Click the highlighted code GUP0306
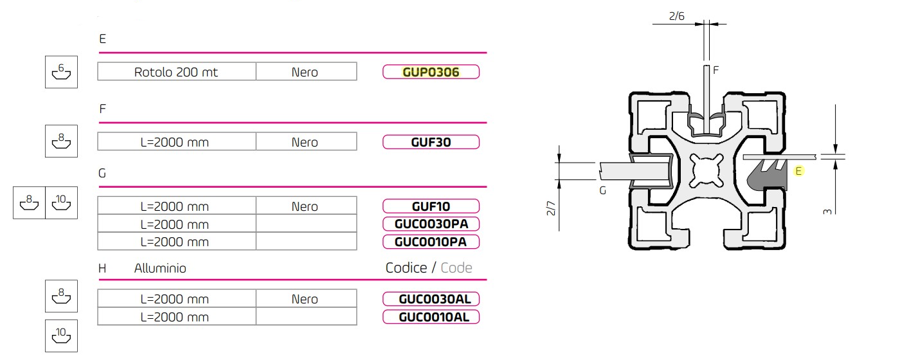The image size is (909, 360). click(x=431, y=72)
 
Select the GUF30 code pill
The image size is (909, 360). click(x=431, y=142)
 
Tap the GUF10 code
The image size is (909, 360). click(x=431, y=206)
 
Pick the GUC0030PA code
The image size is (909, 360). click(x=431, y=224)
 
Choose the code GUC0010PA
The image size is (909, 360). click(x=431, y=242)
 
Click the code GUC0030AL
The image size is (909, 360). click(x=431, y=299)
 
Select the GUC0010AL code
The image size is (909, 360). click(x=431, y=317)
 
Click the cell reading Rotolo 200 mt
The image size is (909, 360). click(x=176, y=72)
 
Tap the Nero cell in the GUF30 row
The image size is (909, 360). click(x=305, y=142)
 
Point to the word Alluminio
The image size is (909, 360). click(x=160, y=268)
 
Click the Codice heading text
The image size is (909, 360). click(x=406, y=267)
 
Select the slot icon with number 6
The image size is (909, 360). click(x=61, y=72)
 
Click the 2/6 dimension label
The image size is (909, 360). click(x=676, y=16)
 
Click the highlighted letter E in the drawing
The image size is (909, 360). click(x=798, y=171)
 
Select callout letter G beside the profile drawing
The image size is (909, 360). click(x=602, y=190)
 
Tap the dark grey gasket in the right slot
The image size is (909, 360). click(x=768, y=179)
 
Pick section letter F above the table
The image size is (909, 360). click(x=102, y=109)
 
